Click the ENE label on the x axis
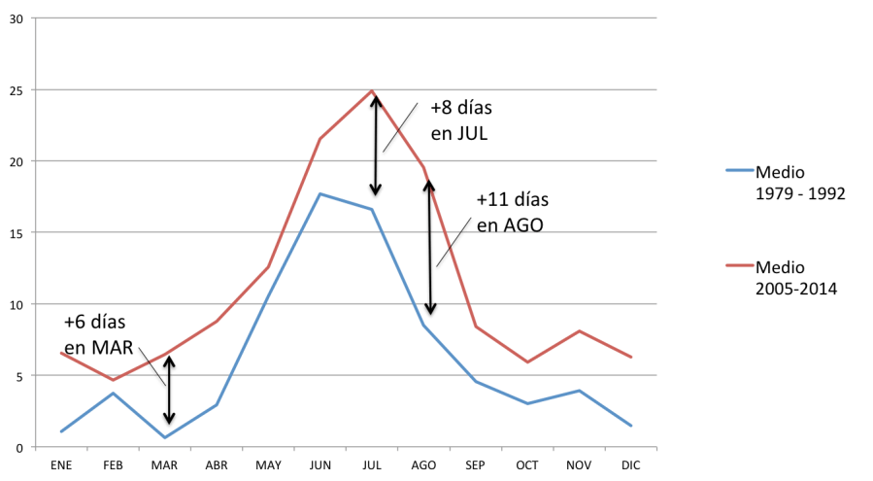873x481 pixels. pos(61,464)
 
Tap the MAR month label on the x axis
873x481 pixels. pos(165,464)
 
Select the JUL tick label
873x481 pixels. pos(373,464)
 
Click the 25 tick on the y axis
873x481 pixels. pos(17,90)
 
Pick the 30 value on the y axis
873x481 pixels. pos(17,18)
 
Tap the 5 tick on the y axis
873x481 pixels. pos(19,376)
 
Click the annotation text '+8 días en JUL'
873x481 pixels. pos(459,120)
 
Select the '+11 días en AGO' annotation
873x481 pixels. pos(512,211)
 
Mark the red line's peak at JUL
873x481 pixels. pos(373,90)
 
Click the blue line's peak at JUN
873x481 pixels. pos(320,193)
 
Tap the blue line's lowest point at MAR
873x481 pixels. pos(165,437)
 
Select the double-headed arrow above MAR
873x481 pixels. pos(170,392)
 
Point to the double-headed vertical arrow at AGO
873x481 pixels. pos(430,251)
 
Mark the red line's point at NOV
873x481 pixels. pos(581,331)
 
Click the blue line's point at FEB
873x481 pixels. pos(114,393)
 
